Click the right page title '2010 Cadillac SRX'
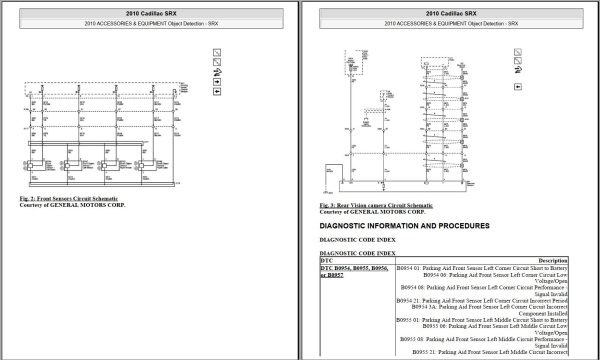point(446,12)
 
